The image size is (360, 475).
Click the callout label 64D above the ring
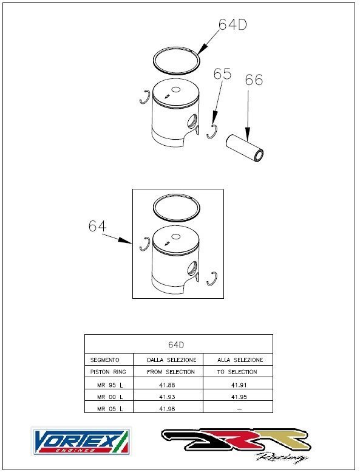[233, 24]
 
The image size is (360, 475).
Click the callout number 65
[222, 74]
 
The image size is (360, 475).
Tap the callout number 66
[254, 80]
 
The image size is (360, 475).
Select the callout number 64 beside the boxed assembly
[97, 226]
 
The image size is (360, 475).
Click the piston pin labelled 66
[245, 148]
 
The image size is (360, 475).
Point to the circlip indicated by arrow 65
[212, 132]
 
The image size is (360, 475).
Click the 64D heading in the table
[176, 345]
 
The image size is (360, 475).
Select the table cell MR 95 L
[110, 385]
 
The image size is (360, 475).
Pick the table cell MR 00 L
[110, 397]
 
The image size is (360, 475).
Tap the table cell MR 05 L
[110, 409]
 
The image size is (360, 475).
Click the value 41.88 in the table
[167, 385]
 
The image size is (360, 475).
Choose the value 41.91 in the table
[239, 385]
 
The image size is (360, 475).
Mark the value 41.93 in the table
[167, 397]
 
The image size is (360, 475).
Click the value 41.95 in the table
[239, 397]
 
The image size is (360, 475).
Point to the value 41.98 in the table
[167, 409]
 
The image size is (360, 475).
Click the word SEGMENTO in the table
[105, 360]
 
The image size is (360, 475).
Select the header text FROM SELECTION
[171, 372]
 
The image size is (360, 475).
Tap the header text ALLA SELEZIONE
[240, 360]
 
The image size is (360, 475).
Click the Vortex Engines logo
[82, 441]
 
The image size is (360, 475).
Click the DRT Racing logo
[236, 444]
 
